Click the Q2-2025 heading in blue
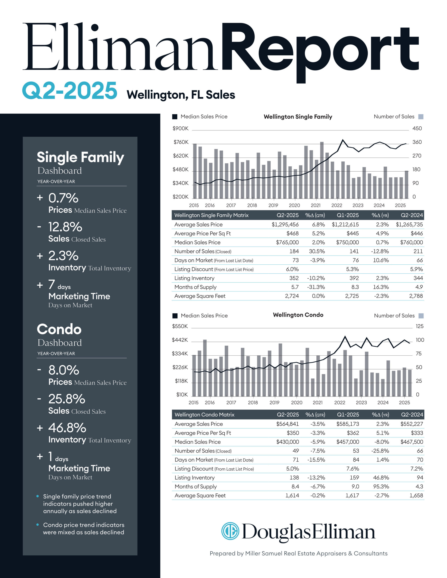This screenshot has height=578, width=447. tap(69, 91)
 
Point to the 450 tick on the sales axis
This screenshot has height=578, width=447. tap(417, 128)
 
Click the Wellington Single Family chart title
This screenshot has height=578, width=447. tap(298, 117)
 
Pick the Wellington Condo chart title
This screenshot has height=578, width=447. tap(298, 315)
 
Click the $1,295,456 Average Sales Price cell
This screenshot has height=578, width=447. tap(285, 224)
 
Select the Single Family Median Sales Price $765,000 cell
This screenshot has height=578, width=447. tap(287, 242)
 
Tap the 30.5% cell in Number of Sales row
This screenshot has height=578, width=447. tap(317, 251)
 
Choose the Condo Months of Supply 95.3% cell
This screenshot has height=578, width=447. tap(381, 486)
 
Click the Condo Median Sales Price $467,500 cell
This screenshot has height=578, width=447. tap(412, 442)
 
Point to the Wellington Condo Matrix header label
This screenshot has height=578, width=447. tap(204, 415)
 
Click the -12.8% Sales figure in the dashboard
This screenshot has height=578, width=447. tap(65, 227)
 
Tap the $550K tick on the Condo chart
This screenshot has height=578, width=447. tap(180, 326)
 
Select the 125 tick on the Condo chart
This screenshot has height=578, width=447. tap(419, 326)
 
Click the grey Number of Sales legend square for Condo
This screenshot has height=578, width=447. tap(421, 316)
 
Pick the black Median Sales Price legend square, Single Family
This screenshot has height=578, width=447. tap(175, 117)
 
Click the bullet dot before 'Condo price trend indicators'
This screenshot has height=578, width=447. tap(38, 524)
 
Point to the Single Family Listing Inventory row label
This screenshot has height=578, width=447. tap(194, 278)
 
